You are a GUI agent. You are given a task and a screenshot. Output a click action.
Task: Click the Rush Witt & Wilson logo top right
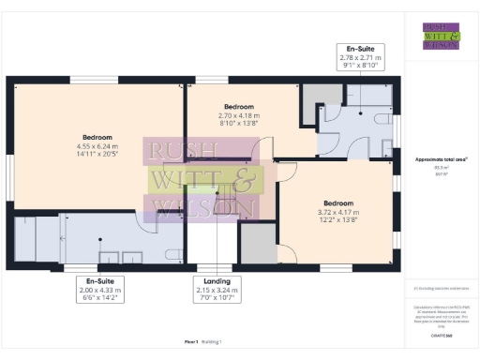click(440, 35)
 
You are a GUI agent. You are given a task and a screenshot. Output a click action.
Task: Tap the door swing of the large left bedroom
click(150, 215)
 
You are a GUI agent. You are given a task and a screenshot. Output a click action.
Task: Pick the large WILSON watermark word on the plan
click(204, 207)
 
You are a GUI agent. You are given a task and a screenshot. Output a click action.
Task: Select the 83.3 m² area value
click(440, 168)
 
